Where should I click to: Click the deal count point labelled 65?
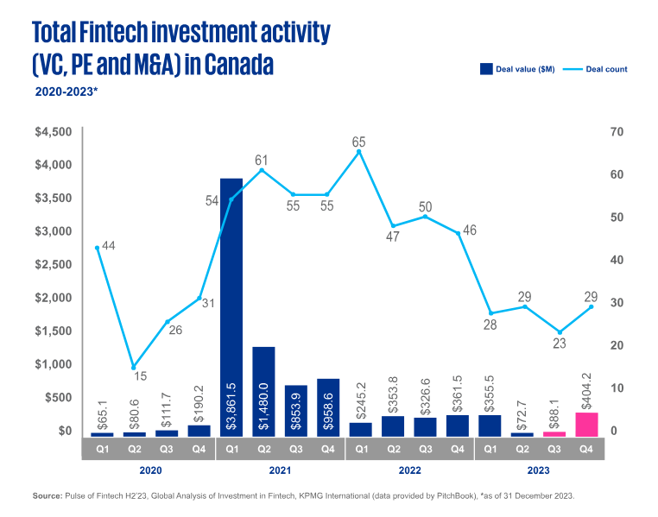(x=359, y=152)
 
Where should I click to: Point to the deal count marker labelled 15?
(x=134, y=368)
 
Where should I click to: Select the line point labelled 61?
(x=263, y=170)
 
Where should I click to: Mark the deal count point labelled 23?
(x=559, y=332)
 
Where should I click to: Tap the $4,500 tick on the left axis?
(x=54, y=132)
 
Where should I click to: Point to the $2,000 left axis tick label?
(x=54, y=298)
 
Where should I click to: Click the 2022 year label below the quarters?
(x=410, y=471)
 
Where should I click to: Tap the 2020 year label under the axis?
(x=150, y=471)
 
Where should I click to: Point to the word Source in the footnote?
(x=47, y=497)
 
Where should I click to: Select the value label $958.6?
(x=328, y=406)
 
